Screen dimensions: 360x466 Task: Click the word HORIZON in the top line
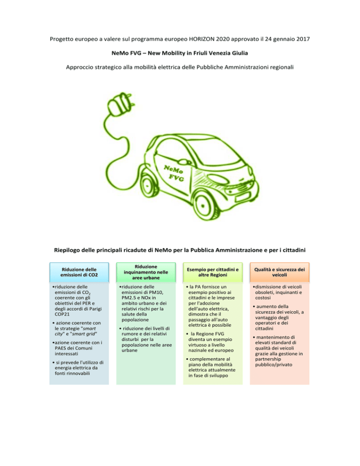(202, 39)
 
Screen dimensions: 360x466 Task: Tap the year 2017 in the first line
(303, 39)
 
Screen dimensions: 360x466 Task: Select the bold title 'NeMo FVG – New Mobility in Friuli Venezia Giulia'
(180, 53)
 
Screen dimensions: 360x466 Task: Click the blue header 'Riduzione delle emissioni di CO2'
(79, 272)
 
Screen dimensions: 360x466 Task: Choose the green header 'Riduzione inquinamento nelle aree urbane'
(146, 272)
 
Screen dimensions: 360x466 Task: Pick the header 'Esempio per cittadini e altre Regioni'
(213, 272)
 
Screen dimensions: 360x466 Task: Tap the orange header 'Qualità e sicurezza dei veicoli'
(279, 272)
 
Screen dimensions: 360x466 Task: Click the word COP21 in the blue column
(62, 314)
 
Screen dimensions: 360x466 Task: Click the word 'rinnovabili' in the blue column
(78, 373)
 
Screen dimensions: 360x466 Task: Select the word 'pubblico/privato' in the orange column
(273, 365)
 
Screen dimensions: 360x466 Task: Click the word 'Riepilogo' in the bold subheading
(67, 250)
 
